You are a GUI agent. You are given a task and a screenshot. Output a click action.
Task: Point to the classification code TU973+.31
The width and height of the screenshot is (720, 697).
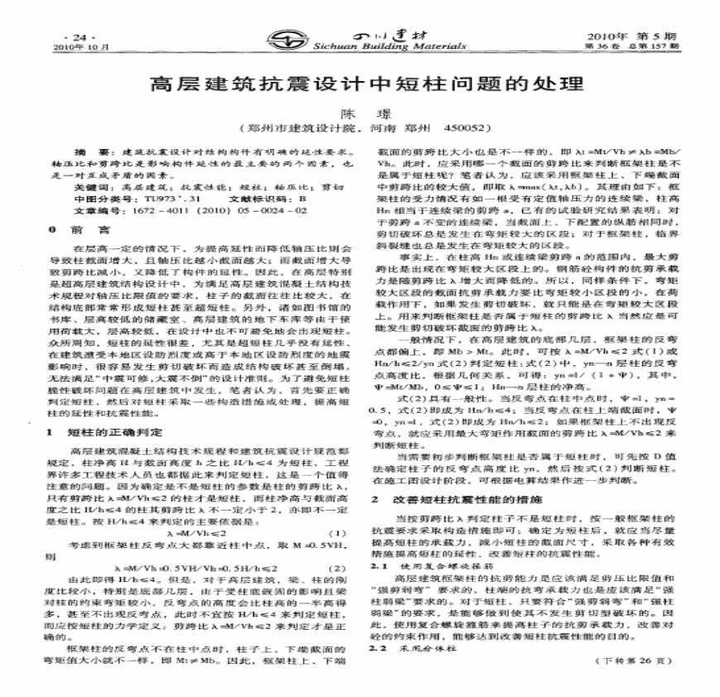click(171, 199)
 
